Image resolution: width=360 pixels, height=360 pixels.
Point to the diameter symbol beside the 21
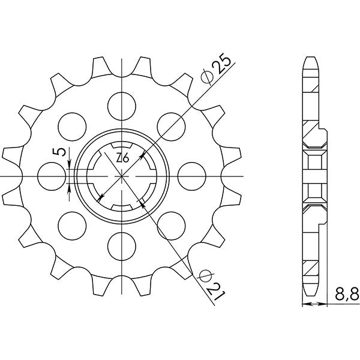pos(204,274)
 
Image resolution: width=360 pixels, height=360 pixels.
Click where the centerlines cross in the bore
pos(122,176)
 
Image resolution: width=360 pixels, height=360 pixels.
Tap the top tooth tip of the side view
pos(311,60)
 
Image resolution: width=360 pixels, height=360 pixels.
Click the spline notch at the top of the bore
pos(122,146)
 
